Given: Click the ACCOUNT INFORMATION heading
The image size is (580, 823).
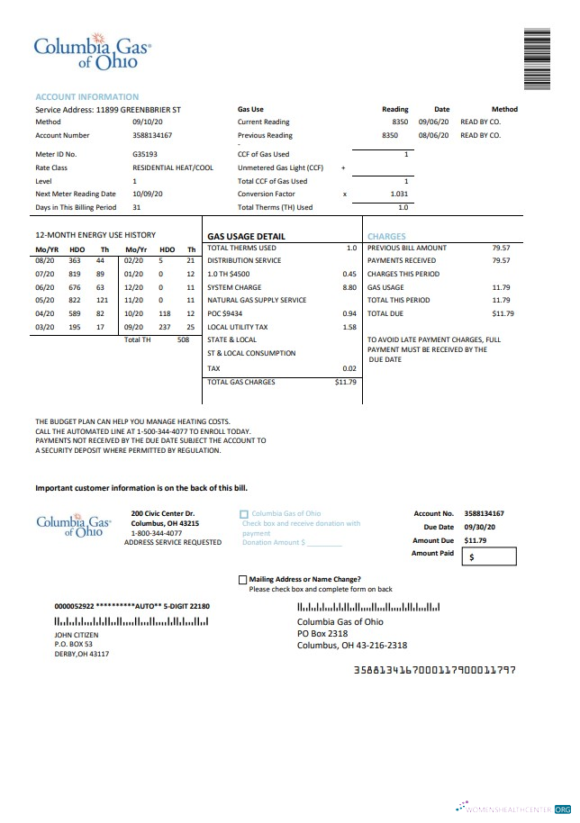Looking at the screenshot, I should coord(86,96).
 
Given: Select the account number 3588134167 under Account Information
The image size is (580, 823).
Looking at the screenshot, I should coord(152,136).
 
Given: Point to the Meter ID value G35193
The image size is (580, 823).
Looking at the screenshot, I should coord(144,154).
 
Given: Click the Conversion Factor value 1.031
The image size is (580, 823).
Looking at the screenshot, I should coord(399,194).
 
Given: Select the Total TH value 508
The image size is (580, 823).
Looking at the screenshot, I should coord(184,339).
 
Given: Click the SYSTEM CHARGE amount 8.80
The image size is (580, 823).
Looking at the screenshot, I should coord(349,287).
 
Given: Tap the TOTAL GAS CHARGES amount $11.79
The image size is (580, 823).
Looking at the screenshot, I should coord(346,382).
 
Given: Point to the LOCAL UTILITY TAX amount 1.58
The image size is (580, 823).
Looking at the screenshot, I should coord(349,327).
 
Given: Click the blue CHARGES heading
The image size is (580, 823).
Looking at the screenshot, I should coord(386,237).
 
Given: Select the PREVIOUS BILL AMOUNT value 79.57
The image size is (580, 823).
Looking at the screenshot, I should coord(501,248).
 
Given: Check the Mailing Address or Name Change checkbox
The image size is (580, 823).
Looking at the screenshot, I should coord(243,580).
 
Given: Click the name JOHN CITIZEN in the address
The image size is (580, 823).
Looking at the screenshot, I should coord(77,635).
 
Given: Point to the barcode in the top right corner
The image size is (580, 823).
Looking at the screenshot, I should coord(536,59).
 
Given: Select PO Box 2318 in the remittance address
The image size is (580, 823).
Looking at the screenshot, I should coord(322,634).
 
